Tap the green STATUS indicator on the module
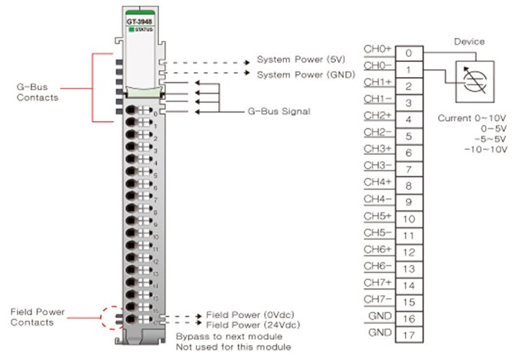pos(141,30)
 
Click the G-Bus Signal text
pos(278,112)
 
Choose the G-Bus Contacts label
pos(37,91)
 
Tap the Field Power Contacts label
pos(37,317)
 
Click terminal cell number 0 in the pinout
pos(408,53)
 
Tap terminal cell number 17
pos(408,335)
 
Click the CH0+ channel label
pos(378,49)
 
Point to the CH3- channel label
pos(378,165)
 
